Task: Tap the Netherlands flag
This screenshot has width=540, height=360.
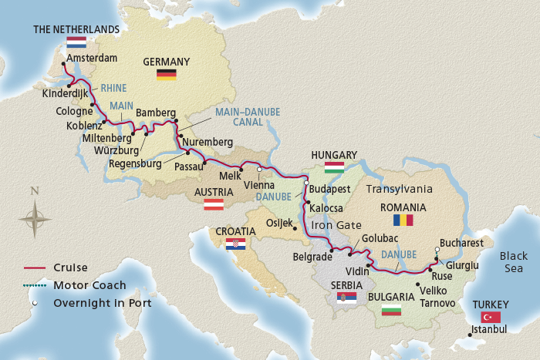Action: click(x=76, y=43)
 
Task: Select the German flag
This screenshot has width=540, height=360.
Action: click(x=166, y=74)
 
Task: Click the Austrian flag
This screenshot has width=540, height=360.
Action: click(x=213, y=205)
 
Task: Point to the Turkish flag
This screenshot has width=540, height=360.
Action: click(x=491, y=317)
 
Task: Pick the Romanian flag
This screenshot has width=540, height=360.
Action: click(x=403, y=220)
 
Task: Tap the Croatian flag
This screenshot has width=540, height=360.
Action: click(x=235, y=244)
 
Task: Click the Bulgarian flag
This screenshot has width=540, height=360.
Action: click(x=392, y=310)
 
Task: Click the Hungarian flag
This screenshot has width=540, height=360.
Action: click(x=334, y=167)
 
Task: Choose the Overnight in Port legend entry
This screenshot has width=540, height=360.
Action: click(x=102, y=303)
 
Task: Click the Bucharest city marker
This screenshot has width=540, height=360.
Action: click(x=437, y=250)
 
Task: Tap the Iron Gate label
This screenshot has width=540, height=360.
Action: click(x=332, y=224)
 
